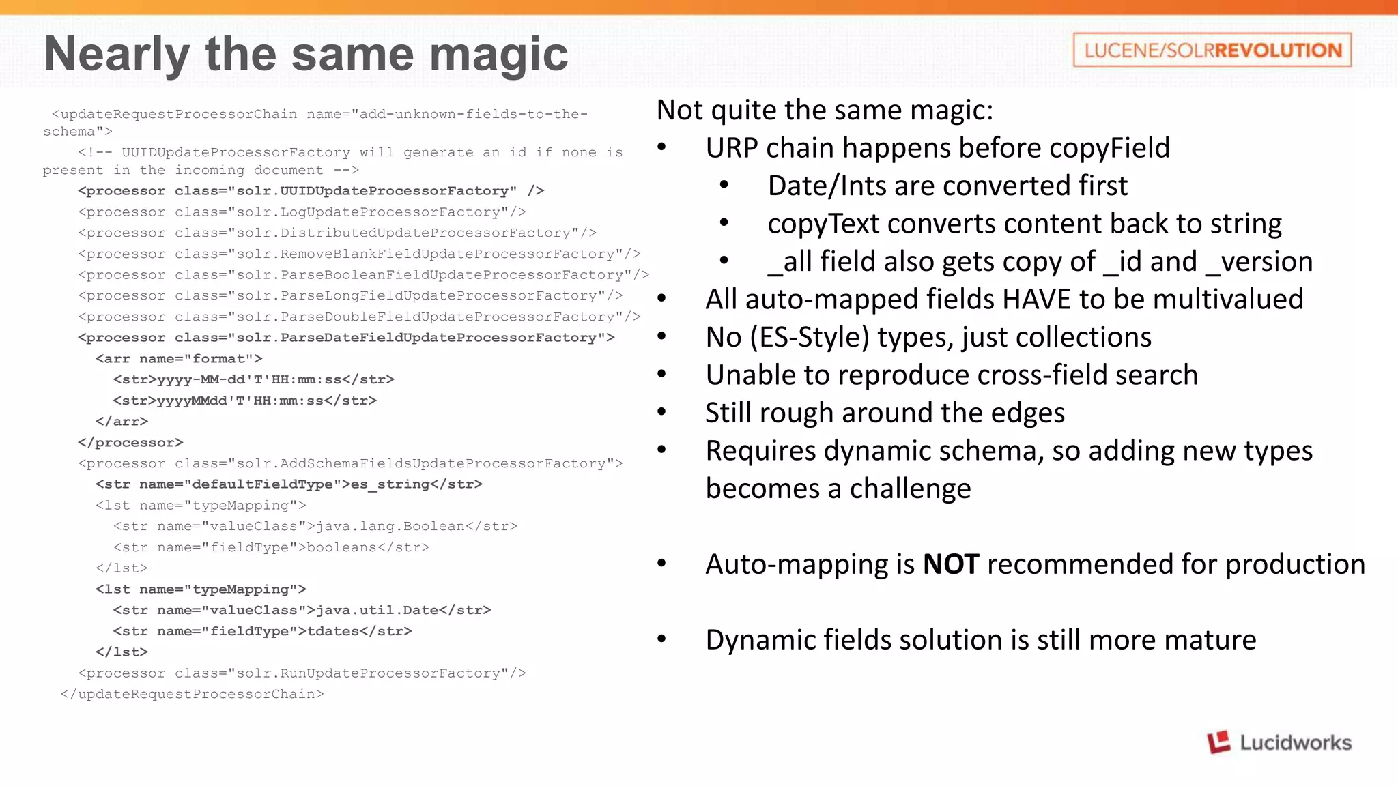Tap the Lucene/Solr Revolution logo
click(x=1212, y=50)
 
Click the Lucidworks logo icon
click(x=1218, y=742)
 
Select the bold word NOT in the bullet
click(x=951, y=565)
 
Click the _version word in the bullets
click(x=1259, y=262)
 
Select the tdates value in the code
click(x=333, y=631)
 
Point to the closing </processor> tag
click(x=130, y=442)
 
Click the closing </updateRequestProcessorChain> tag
click(x=192, y=694)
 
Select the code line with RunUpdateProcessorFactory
click(x=302, y=673)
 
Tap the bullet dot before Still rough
click(x=661, y=412)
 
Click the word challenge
click(x=910, y=489)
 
